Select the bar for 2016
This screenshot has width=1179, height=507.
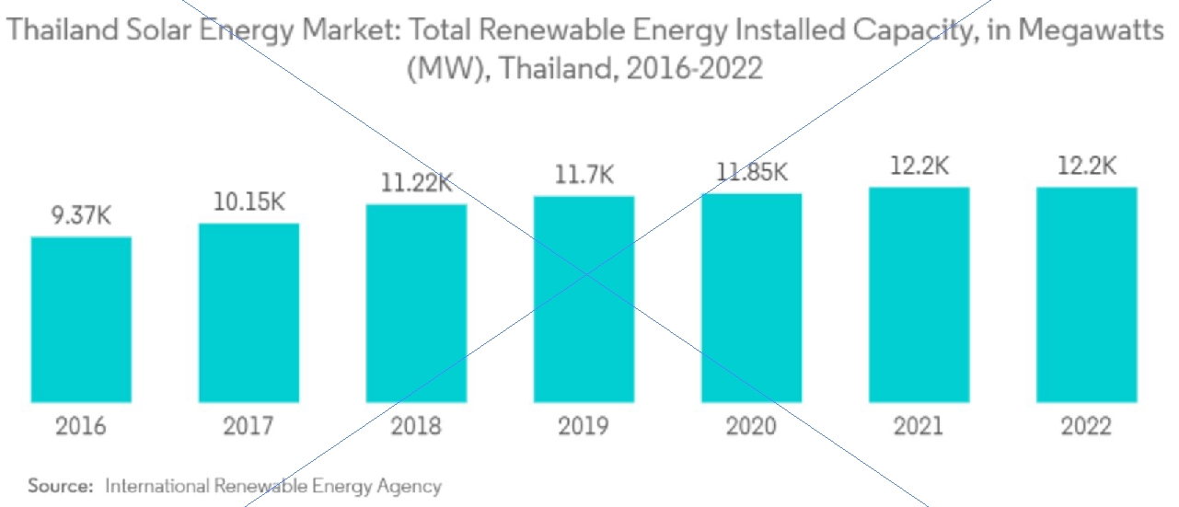81,319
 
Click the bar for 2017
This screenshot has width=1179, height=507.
249,313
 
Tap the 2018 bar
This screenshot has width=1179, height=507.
416,303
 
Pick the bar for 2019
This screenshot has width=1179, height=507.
584,299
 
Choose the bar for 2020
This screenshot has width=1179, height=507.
751,297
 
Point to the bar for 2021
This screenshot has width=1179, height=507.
919,294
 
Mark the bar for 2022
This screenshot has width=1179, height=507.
1086,294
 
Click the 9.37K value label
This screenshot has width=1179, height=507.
81,217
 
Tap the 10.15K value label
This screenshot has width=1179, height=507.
249,202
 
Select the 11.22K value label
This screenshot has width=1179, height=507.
416,183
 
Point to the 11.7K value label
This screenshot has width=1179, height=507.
584,175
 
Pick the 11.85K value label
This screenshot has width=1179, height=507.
751,172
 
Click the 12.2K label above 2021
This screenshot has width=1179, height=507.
919,167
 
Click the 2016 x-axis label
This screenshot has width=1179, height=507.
81,427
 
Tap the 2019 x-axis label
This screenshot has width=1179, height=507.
584,427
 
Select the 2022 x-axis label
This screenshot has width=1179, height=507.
1086,427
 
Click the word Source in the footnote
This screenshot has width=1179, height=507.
60,486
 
